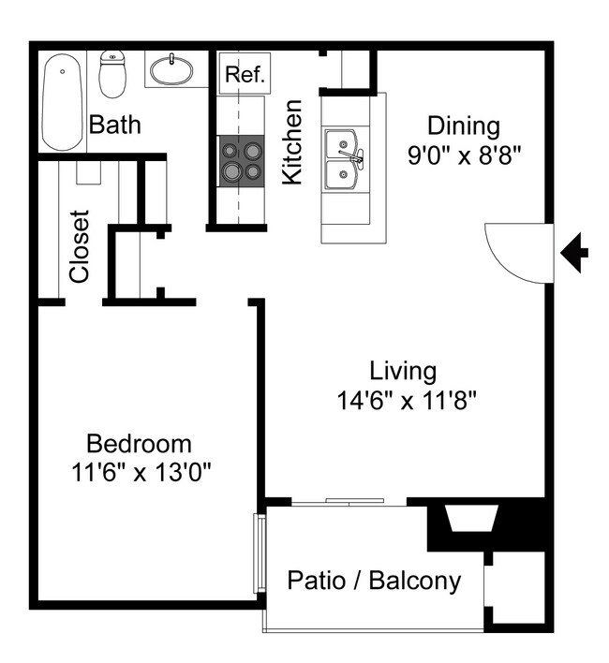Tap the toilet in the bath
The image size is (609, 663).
click(x=113, y=75)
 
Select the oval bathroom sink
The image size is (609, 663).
click(x=171, y=69)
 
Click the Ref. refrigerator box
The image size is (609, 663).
click(x=245, y=73)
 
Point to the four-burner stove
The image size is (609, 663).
click(x=240, y=160)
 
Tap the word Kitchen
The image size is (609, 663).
click(x=292, y=143)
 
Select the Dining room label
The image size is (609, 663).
click(x=463, y=125)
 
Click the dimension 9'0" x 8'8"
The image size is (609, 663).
click(x=463, y=155)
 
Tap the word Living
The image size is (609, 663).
click(x=402, y=371)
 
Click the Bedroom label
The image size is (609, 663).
click(x=139, y=443)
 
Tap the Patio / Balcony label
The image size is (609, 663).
click(x=374, y=581)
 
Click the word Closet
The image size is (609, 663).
click(x=80, y=245)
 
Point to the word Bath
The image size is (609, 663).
click(x=114, y=124)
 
